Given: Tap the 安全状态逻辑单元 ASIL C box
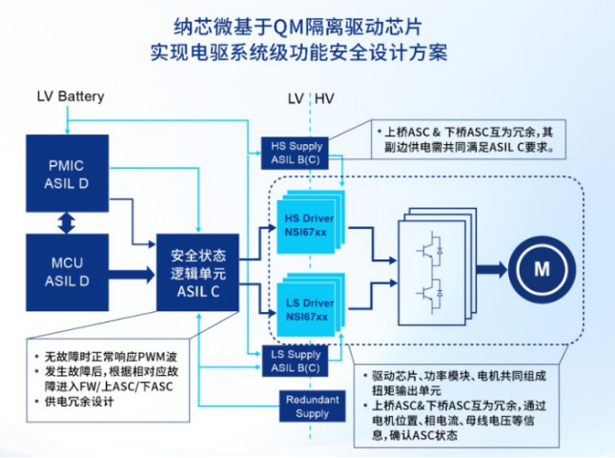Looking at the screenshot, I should [198, 273].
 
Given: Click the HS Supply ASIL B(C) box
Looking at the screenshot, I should [297, 153].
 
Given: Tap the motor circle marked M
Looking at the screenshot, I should [542, 268].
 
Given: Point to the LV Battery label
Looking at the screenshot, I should [70, 97].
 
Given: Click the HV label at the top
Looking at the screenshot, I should [324, 98].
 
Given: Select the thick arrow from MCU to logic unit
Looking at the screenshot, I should [128, 274].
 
